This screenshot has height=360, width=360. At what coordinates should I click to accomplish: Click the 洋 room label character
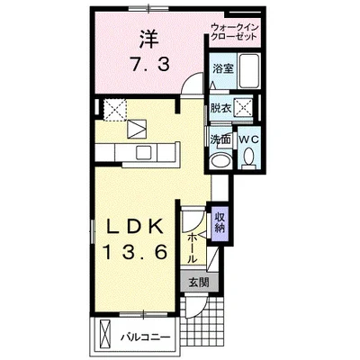click(147, 41)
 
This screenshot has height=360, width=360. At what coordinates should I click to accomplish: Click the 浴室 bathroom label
click(223, 68)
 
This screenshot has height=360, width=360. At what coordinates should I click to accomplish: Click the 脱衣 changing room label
click(221, 106)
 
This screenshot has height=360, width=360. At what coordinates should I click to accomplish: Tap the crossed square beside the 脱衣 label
click(244, 105)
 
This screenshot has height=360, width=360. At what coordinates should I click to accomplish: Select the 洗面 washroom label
click(220, 140)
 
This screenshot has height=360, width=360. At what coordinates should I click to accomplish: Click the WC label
click(248, 140)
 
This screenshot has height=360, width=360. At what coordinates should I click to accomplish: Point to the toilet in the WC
click(248, 160)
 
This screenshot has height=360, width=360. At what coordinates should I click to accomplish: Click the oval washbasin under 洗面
click(219, 161)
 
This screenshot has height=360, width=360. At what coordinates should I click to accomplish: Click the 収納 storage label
click(220, 221)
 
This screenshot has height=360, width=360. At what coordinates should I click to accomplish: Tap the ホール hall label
click(193, 244)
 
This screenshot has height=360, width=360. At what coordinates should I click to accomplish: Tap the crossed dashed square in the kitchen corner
click(113, 108)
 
